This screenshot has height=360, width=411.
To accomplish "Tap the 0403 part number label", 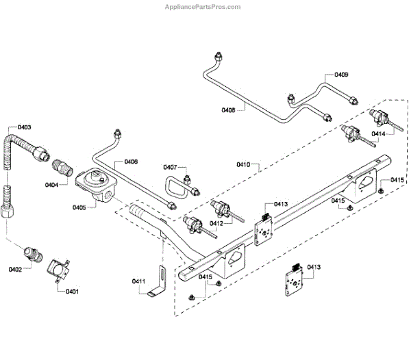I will [x=24, y=127].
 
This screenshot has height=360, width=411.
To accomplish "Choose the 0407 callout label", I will [x=170, y=167].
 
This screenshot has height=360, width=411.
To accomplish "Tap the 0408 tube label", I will [x=229, y=110].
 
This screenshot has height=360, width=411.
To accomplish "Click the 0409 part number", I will [x=341, y=74].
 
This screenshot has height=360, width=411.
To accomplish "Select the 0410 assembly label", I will [x=243, y=164].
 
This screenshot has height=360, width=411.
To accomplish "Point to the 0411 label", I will [x=138, y=281].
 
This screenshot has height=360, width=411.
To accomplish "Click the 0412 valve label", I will [x=216, y=223].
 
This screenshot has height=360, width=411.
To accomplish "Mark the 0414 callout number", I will [x=378, y=133].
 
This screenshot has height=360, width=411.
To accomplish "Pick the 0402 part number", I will [x=16, y=269].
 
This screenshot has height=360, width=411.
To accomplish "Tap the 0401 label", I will [x=72, y=292].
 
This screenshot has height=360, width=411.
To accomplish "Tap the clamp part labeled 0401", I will [x=59, y=267].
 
